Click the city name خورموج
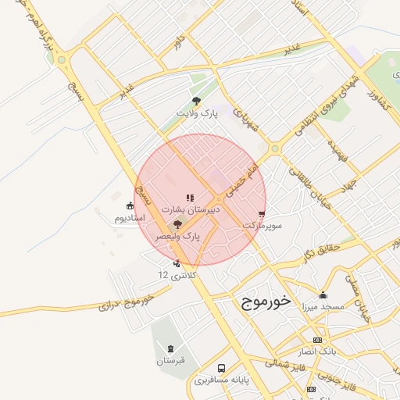click(262, 299)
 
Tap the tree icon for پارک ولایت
click(196, 101)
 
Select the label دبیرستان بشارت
click(191, 210)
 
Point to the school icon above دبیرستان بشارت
click(190, 198)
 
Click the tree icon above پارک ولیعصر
click(177, 223)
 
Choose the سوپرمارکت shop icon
click(262, 214)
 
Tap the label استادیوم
click(130, 218)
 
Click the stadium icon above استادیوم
click(129, 206)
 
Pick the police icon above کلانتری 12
click(177, 263)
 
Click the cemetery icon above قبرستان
click(169, 348)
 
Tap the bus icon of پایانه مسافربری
click(222, 368)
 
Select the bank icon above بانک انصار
click(316, 341)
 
